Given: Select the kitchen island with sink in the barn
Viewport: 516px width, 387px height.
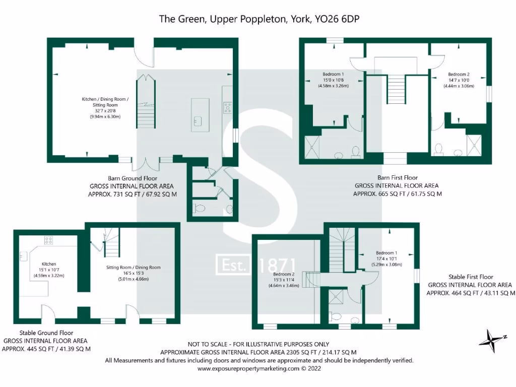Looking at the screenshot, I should click(198, 114).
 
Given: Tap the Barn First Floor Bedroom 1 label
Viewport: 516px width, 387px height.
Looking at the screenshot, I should click(333, 74).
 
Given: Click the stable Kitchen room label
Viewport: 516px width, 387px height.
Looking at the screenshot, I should click(49, 264).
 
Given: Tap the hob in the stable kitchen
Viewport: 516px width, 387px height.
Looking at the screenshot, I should click(49, 240).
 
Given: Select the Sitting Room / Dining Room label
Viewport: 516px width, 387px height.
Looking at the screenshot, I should click(133, 268).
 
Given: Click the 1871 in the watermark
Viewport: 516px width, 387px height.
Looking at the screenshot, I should click(278, 266).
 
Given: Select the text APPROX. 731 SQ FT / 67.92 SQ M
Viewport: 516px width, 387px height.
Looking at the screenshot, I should click(133, 193).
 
